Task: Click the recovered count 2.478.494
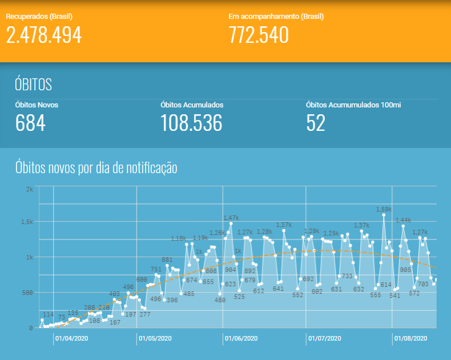44,35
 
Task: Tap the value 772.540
259,35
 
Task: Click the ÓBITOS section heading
33,85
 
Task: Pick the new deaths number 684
30,123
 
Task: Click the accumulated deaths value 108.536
191,123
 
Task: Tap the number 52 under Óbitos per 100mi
316,123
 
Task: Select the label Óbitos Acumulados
192,105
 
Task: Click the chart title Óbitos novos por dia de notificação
96,168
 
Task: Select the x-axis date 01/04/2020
72,338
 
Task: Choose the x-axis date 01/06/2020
241,338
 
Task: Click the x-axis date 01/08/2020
410,338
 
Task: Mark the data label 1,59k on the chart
384,209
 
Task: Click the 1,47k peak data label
231,218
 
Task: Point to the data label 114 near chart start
49,314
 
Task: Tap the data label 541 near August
395,295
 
